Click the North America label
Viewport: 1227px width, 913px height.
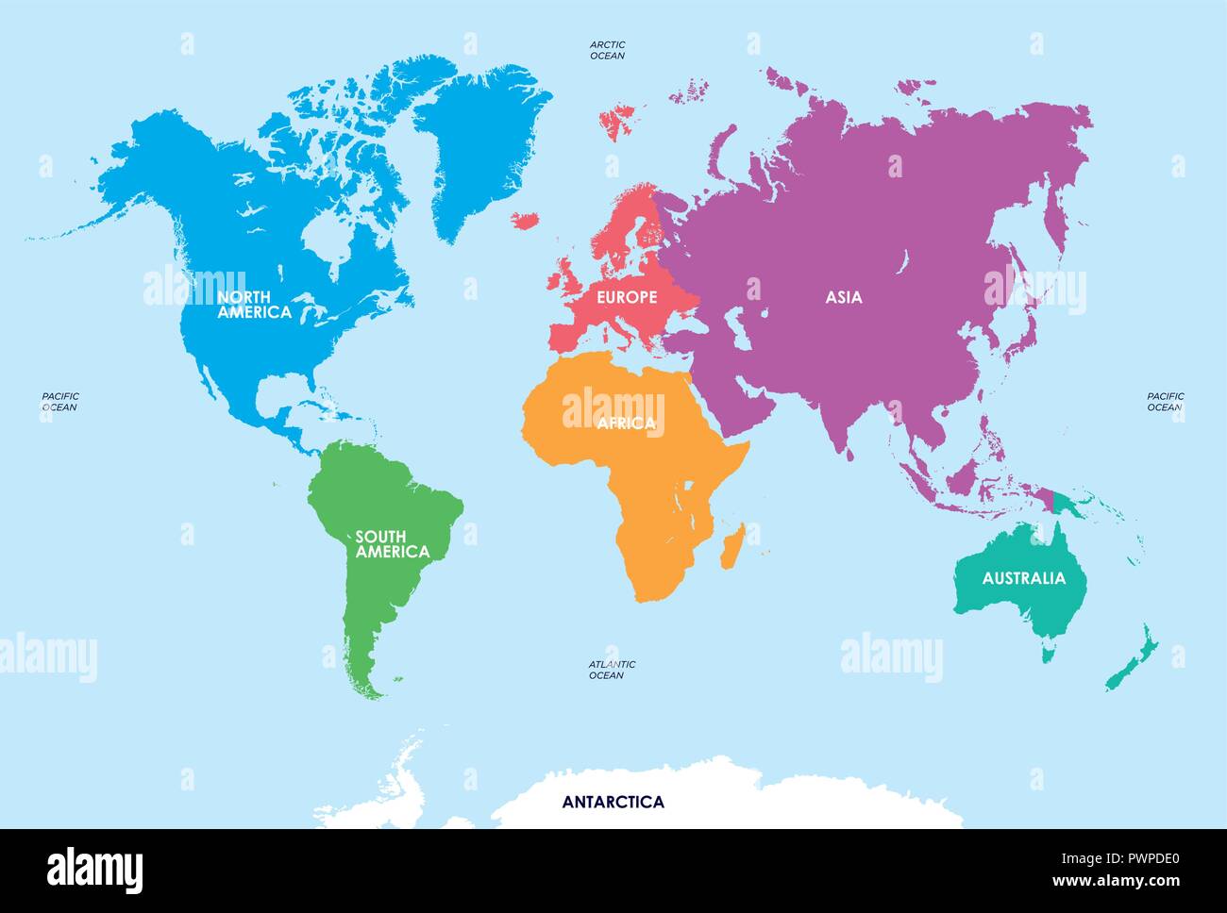point(254,305)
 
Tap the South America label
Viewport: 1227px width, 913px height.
point(392,544)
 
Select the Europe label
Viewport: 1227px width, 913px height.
point(627,297)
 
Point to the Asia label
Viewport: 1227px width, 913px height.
point(844,297)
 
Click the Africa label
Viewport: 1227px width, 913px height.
point(626,423)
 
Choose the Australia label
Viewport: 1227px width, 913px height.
point(1023,578)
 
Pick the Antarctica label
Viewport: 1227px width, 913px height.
point(613,803)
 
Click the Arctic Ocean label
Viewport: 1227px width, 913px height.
point(607,50)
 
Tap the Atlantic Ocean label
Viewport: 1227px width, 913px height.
point(612,670)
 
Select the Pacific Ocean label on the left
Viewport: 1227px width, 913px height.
point(59,402)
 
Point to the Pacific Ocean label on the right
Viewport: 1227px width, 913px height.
point(1165,402)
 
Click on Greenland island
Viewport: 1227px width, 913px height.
point(481,141)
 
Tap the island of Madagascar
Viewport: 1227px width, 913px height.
point(731,547)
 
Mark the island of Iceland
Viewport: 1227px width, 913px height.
point(525,220)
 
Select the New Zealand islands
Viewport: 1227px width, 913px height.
point(1133,660)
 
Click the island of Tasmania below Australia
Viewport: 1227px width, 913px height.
point(1049,650)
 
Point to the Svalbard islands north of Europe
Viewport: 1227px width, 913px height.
point(618,121)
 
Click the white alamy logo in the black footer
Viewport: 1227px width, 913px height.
point(95,869)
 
